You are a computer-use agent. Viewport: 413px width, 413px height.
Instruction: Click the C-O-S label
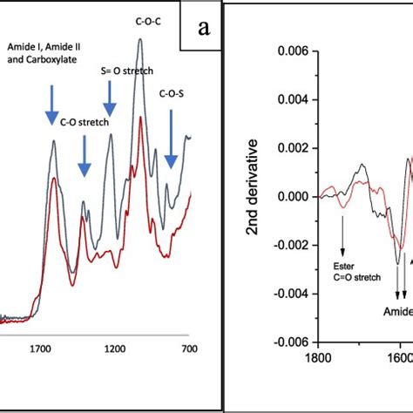pyautogui.click(x=172, y=92)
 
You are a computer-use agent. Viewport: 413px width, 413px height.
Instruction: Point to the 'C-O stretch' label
pyautogui.click(x=85, y=123)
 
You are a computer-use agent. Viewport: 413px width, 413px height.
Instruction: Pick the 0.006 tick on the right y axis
pyautogui.click(x=290, y=51)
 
